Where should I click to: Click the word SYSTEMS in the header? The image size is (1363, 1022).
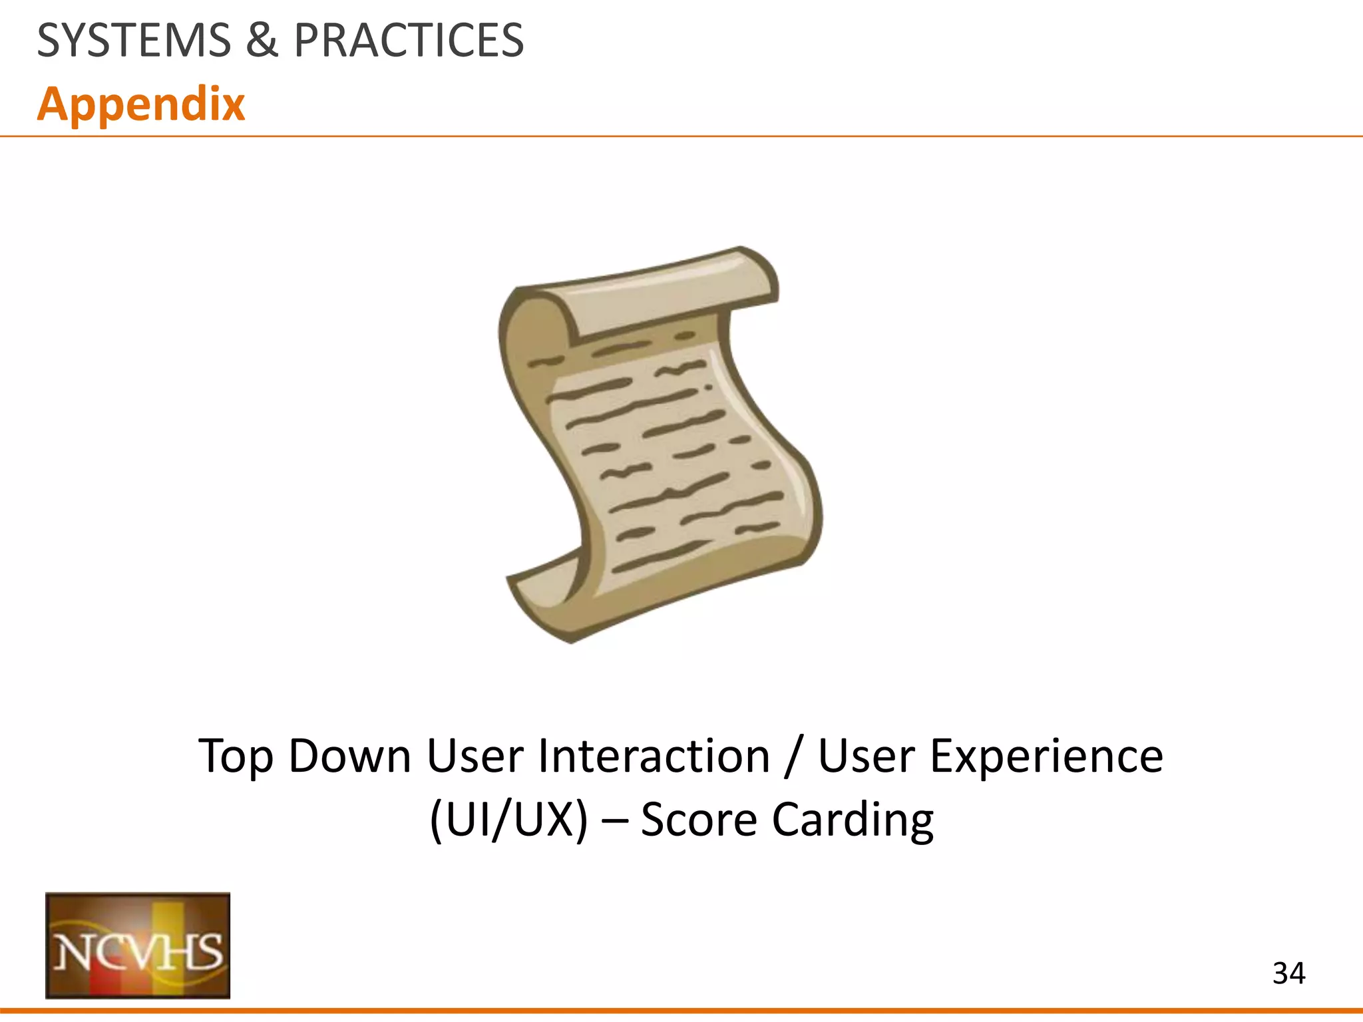click(x=133, y=41)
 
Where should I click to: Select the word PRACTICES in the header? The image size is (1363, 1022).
click(x=409, y=41)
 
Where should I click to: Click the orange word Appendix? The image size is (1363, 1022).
click(x=141, y=104)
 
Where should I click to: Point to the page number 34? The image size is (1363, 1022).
click(x=1288, y=973)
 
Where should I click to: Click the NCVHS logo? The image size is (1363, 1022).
click(x=138, y=945)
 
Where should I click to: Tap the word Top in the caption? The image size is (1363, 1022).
click(x=235, y=757)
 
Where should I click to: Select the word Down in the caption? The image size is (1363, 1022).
click(x=350, y=757)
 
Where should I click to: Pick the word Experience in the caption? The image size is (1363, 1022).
click(x=1046, y=757)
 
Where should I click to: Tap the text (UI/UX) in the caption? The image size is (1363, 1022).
click(x=509, y=820)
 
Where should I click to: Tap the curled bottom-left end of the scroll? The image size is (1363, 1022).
click(x=546, y=599)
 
